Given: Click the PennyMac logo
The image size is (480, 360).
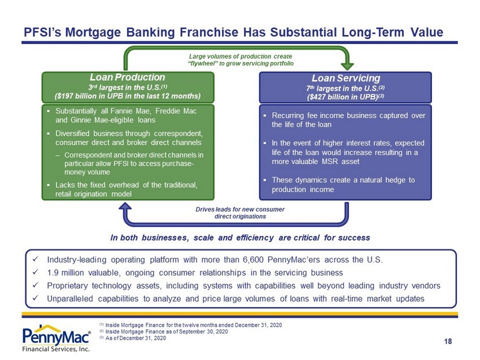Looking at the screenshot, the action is click(x=56, y=339).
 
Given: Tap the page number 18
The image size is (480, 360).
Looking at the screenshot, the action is click(x=448, y=341).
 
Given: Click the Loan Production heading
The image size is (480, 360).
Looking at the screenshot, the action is click(x=128, y=77).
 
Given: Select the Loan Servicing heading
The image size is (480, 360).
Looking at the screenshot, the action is click(x=346, y=78).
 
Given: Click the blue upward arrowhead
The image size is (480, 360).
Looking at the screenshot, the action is click(x=125, y=208).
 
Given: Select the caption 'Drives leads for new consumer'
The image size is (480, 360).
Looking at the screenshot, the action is click(x=240, y=209).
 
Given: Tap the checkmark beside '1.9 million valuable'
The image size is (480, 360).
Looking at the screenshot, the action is click(x=35, y=272).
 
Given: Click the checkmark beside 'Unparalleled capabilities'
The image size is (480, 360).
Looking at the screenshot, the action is click(x=35, y=298).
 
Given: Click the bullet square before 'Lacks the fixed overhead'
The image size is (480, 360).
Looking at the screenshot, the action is click(x=49, y=185).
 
